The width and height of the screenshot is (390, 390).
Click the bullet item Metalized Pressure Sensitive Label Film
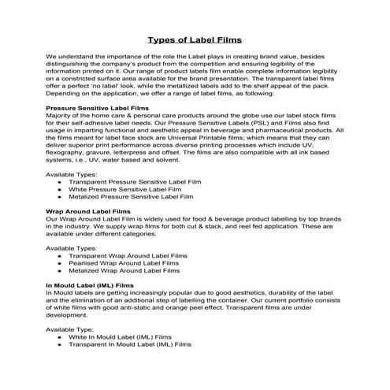tap(136, 197)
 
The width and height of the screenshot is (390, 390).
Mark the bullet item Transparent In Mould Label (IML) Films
tap(130, 344)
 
